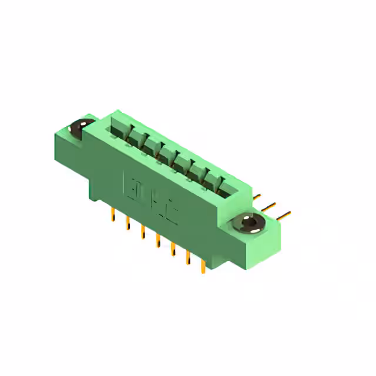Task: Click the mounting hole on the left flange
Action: coord(79,127)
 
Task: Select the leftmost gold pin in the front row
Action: coord(112,216)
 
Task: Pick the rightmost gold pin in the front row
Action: coord(203,267)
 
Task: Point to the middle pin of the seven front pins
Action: coord(157,241)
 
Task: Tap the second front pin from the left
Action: coord(127,224)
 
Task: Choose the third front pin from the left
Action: coord(142,232)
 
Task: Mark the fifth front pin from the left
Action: coord(172,250)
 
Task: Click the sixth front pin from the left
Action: coord(188,258)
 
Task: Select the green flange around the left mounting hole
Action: coord(68,141)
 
